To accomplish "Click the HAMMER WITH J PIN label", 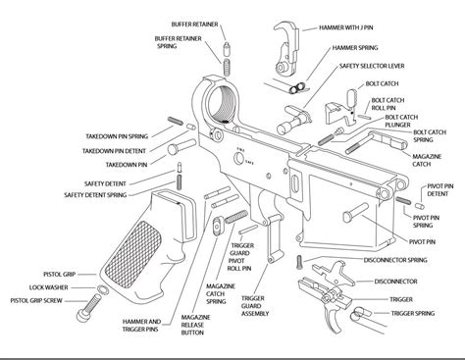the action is (x=346, y=27).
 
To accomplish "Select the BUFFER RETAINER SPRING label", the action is (x=178, y=42).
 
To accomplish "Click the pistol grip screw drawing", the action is (x=89, y=307).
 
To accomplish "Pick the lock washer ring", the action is (x=103, y=289).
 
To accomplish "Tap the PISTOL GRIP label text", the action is (x=59, y=275).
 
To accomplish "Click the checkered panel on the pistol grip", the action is (x=134, y=254).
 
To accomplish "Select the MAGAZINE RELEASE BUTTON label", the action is (x=195, y=325).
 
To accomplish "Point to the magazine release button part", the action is (x=218, y=225).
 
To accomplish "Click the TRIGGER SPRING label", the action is (x=413, y=313).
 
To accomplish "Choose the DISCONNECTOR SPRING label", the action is (x=395, y=260).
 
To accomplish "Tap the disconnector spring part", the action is (x=299, y=262).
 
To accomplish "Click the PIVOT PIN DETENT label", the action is (x=440, y=190).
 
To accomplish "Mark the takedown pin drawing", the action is (x=181, y=146).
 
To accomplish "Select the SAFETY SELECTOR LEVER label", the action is (x=372, y=66).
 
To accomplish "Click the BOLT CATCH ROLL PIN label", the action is (x=387, y=104).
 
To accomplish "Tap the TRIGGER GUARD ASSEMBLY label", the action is (x=255, y=306).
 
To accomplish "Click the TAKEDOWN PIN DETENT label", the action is (x=114, y=151).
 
